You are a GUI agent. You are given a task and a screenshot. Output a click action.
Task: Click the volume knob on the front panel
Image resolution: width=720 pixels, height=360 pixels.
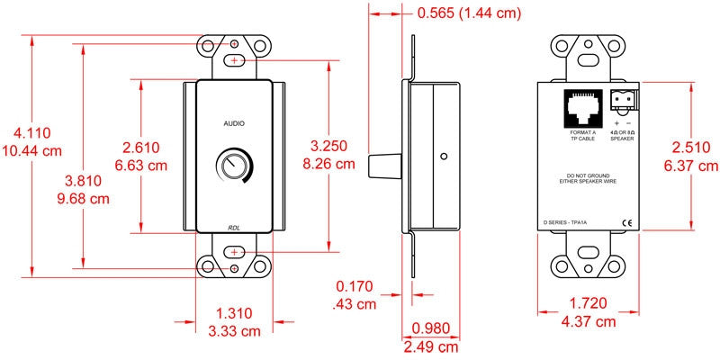pos(230,166)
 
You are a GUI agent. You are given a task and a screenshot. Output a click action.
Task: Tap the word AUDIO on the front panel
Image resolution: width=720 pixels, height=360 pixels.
pos(234,123)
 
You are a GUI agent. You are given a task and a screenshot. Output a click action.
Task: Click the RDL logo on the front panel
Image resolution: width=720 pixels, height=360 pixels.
pos(235,227)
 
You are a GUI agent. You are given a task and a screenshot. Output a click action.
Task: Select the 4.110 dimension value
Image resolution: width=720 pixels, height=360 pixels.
pos(31,133)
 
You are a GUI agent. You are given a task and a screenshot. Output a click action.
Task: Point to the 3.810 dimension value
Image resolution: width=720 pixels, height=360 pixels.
pos(83,182)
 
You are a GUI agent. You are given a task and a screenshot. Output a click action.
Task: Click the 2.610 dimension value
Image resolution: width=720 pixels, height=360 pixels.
pos(141,148)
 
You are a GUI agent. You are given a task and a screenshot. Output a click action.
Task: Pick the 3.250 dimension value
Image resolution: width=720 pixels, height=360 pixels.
pos(328,146)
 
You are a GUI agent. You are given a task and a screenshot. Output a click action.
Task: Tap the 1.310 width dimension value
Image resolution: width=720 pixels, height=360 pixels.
pos(234,313)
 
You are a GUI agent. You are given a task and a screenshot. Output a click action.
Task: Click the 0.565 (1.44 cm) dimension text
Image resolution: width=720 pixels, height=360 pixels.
pos(469,13)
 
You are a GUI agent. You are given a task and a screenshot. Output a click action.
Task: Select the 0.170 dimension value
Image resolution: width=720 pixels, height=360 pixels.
pos(355,286)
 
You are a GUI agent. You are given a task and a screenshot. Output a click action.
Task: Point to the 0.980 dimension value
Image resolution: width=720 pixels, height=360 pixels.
pos(431,328)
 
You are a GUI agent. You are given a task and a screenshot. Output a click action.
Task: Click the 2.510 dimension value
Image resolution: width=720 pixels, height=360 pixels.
pos(691,148)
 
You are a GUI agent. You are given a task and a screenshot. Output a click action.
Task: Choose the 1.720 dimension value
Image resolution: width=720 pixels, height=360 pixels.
pos(589,303)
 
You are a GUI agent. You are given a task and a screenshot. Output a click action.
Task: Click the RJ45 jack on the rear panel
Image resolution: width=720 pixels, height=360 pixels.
pos(581,108)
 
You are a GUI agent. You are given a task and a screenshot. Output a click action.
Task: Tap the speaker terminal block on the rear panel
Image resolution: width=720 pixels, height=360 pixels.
pos(622,102)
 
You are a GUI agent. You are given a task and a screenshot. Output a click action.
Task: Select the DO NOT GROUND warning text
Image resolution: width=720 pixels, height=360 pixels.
pos(588,178)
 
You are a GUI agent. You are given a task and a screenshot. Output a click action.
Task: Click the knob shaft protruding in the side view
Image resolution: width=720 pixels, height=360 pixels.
pos(385,166)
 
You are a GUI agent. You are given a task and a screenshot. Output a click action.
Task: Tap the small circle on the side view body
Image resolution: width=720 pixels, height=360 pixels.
pos(443,157)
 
